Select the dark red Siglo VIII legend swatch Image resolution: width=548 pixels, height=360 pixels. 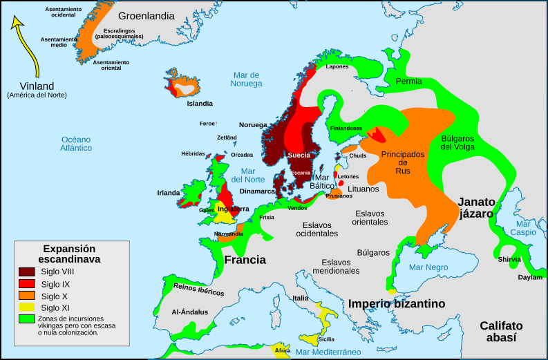[x=27, y=272]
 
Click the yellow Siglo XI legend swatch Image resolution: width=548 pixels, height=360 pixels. [x=27, y=307]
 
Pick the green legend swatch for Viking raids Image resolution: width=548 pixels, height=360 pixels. [x=27, y=319]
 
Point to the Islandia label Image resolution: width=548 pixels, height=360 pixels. [x=200, y=104]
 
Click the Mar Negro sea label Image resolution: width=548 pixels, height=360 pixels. [x=428, y=267]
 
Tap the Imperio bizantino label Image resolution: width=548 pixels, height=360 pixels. [x=396, y=303]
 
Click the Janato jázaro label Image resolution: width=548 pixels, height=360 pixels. [x=477, y=208]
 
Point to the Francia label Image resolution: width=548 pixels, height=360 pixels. [x=245, y=260]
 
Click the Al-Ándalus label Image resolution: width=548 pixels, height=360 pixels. [x=189, y=312]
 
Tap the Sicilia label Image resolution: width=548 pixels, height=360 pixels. [x=326, y=339]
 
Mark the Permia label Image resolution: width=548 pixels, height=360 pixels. [x=409, y=82]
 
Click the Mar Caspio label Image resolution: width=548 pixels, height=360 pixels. [x=525, y=228]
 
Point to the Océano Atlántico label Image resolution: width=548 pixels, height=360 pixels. [x=76, y=143]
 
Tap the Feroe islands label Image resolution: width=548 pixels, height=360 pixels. [x=207, y=124]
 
